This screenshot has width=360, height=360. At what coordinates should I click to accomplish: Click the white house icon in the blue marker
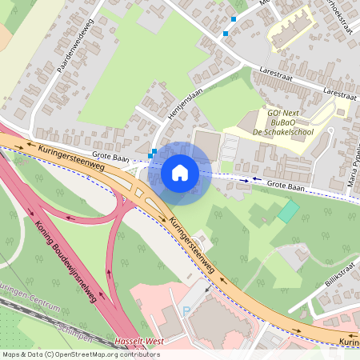[x=180, y=173]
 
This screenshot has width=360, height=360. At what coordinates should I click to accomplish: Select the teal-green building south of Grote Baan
[x=287, y=211]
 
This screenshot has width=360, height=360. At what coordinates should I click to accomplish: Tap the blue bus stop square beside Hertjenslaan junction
[x=153, y=153]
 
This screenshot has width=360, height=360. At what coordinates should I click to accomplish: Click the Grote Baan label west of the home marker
[x=111, y=158]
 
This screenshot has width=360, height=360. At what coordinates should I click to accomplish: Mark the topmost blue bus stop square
[x=234, y=18]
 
